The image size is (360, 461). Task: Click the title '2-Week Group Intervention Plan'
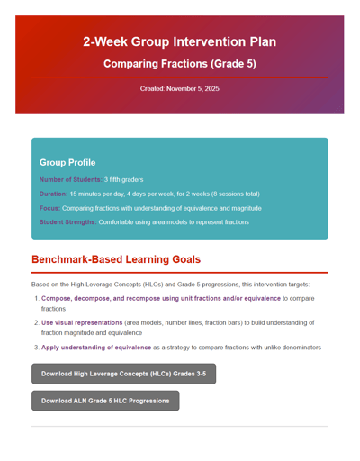pos(179,41)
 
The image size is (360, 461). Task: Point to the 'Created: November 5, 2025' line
pos(179,88)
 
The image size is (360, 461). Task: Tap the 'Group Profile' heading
pos(67,162)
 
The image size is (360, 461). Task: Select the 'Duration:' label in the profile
pos(53,194)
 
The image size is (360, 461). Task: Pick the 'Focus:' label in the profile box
pos(49,208)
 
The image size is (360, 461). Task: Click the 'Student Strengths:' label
pos(67,221)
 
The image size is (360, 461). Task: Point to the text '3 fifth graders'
pos(123,180)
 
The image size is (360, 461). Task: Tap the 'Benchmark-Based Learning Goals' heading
pos(116,259)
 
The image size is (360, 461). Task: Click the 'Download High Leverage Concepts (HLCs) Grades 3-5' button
pos(123,374)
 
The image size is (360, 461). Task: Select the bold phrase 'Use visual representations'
pos(82,322)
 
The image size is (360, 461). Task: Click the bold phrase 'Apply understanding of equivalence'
pos(96,347)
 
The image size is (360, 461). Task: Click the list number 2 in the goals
pos(36,322)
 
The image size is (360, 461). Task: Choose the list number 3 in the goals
pos(36,347)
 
